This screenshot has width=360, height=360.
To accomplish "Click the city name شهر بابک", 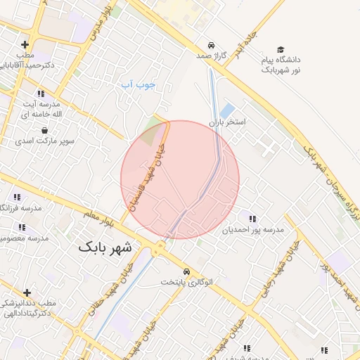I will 105,247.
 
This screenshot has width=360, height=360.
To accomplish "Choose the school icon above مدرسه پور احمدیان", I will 252,219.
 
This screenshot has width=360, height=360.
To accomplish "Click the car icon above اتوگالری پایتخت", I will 186,271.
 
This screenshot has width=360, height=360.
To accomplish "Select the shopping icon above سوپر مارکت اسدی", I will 45,130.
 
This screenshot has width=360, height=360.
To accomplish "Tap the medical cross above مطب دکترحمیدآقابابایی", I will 26,44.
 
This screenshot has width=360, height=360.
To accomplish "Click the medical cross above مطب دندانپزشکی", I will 27,292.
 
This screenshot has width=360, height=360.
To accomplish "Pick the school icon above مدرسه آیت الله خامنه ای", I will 41,93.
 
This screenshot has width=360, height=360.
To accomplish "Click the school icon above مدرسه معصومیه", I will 22,227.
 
